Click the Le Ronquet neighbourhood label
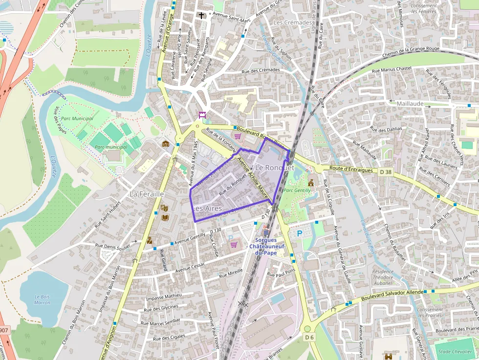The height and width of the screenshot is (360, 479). [275, 168]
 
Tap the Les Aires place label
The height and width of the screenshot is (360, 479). [208, 209]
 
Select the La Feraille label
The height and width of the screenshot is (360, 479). [147, 194]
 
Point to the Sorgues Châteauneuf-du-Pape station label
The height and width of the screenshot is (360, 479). [266, 246]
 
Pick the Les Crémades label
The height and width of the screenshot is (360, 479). [293, 22]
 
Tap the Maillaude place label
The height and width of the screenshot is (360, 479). [411, 104]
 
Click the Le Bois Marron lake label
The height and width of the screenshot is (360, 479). [43, 299]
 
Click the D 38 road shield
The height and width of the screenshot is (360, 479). [386, 171]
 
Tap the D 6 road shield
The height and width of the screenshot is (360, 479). [308, 337]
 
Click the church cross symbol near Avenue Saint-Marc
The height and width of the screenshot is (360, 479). [201, 15]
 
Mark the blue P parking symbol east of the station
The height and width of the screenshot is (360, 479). [299, 233]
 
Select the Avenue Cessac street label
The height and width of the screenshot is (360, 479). [191, 267]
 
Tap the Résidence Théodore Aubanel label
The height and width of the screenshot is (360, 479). [383, 277]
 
